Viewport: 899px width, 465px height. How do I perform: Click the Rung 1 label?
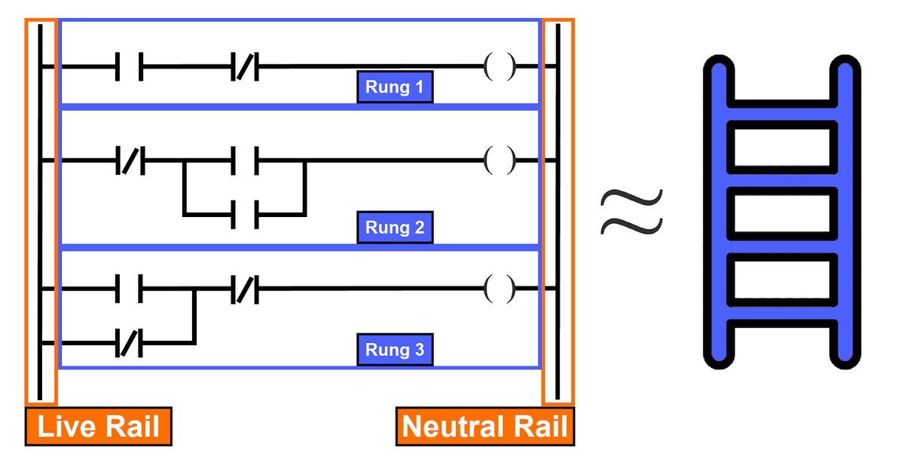394,87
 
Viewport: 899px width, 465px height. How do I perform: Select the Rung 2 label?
394,227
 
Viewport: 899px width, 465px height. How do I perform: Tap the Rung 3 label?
394,350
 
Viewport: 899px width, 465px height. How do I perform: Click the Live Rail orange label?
98,427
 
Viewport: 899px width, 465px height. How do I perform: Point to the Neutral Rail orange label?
485,427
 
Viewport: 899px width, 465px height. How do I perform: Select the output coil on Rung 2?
500,161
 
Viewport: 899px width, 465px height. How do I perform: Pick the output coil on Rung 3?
500,288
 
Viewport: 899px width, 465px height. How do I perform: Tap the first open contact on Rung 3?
130,288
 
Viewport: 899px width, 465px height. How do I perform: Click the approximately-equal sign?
631,211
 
